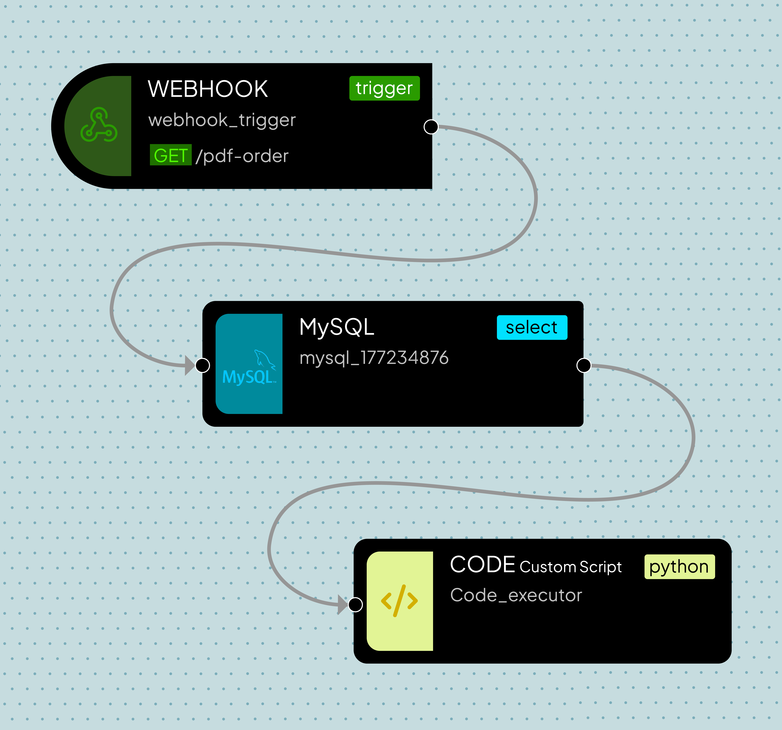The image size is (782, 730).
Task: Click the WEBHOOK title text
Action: point(208,89)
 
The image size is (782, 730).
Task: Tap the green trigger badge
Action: point(384,88)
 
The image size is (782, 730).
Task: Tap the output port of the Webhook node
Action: point(431,127)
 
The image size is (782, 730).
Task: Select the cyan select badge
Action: point(532,327)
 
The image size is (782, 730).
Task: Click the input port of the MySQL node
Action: point(203,365)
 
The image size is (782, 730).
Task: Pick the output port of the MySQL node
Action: point(584,365)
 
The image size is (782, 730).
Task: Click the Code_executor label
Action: point(516,595)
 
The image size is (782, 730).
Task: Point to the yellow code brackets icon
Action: point(399,601)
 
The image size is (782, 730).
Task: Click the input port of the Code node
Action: point(356,604)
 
